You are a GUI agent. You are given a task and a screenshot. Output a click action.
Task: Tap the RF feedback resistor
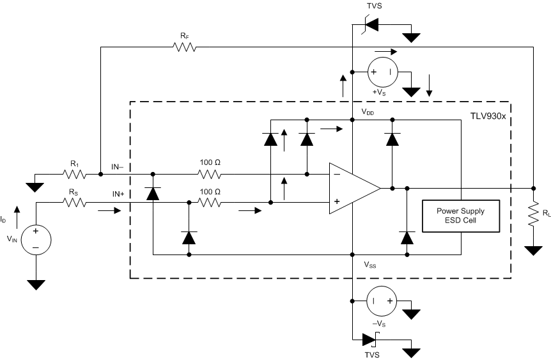click(x=184, y=47)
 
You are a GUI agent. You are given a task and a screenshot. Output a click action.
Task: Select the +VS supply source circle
click(x=382, y=72)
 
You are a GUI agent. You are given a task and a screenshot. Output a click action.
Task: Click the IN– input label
click(x=121, y=167)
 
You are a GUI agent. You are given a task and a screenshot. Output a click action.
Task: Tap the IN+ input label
click(x=121, y=193)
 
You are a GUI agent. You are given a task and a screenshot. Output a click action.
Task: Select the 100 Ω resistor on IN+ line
click(x=210, y=203)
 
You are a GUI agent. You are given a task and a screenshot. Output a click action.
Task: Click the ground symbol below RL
click(x=532, y=250)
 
